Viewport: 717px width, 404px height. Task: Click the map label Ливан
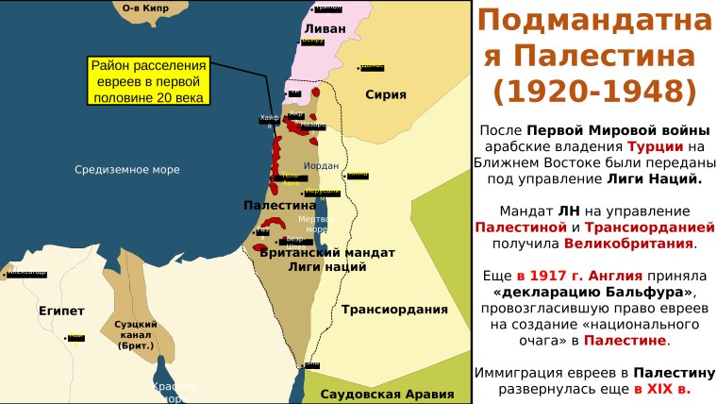(x=325, y=29)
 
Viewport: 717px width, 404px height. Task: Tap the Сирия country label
(x=386, y=94)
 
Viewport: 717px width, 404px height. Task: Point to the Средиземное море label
(x=127, y=170)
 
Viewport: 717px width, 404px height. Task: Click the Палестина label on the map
(x=279, y=205)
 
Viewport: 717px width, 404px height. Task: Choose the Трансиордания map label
(x=394, y=310)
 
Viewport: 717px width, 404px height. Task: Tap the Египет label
(x=62, y=311)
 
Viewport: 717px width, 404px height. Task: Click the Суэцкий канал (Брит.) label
(x=136, y=335)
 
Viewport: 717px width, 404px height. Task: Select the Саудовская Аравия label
(x=382, y=394)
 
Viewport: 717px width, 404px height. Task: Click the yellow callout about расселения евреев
(x=147, y=81)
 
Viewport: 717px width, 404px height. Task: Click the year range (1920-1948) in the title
(x=594, y=91)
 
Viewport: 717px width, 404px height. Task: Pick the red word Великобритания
(x=629, y=244)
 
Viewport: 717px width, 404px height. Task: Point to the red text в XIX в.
(x=661, y=388)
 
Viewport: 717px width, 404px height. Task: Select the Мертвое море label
(x=316, y=224)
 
